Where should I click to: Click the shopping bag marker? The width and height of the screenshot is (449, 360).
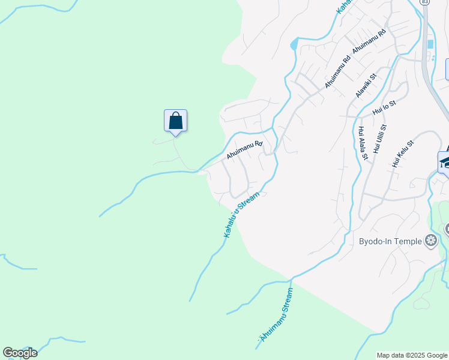click(x=175, y=120)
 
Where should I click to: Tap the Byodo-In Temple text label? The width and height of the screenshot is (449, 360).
click(x=391, y=241)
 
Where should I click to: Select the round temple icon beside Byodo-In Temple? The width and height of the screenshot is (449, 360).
click(x=430, y=241)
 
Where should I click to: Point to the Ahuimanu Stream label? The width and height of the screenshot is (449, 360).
click(x=277, y=316)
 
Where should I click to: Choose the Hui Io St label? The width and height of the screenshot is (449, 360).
click(x=384, y=107)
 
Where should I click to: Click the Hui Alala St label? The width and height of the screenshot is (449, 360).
click(x=363, y=143)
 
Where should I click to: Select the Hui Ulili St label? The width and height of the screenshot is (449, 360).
click(x=379, y=139)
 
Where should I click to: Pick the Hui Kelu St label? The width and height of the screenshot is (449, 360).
click(x=403, y=154)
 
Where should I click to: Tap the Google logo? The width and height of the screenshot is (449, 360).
click(x=20, y=353)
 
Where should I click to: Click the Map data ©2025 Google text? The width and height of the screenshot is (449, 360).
click(x=412, y=355)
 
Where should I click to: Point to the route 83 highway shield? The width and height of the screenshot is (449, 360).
click(x=425, y=2)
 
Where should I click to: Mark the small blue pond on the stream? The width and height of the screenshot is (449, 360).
click(x=294, y=44)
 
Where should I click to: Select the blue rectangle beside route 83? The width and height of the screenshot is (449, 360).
click(x=430, y=44)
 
